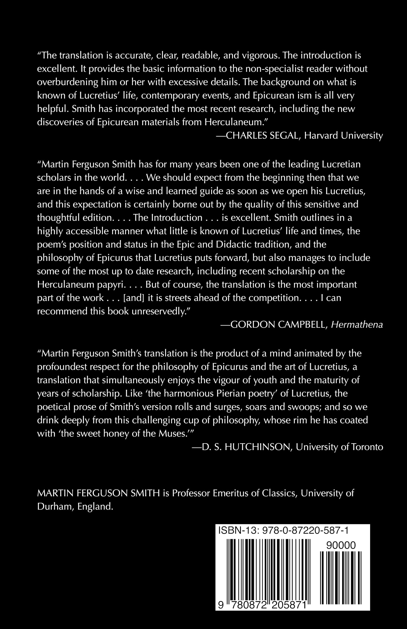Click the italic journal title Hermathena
[x=357, y=325]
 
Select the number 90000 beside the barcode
[x=341, y=545]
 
